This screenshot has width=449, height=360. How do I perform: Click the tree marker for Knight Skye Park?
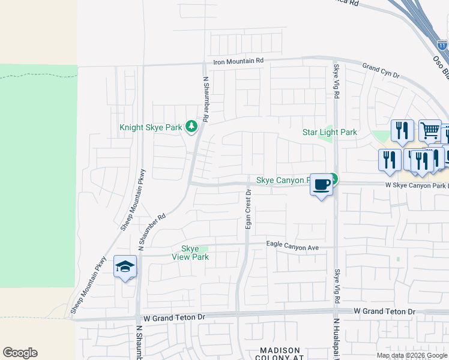(191, 126)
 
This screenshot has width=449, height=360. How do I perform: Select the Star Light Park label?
(330, 132)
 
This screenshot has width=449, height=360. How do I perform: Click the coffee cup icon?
(322, 184)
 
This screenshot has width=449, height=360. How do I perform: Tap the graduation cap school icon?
(125, 267)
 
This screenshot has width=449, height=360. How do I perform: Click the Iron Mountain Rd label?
(239, 61)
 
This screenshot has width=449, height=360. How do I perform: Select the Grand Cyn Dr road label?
(381, 69)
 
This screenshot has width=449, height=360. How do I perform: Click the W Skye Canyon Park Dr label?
(417, 185)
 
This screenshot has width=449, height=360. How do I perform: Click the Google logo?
(20, 353)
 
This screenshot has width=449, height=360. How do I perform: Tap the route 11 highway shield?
(442, 45)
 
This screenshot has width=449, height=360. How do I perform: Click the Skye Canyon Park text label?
(282, 179)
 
